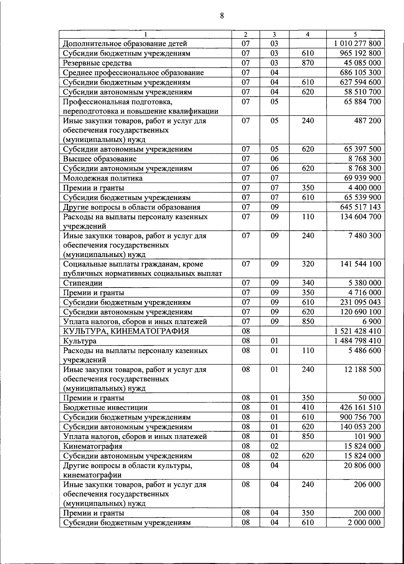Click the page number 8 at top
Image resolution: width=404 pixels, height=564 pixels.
222,15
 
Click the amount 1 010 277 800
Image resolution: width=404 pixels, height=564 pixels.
358,43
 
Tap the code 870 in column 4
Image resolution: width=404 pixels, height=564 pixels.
308,63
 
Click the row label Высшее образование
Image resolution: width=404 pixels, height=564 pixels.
100,159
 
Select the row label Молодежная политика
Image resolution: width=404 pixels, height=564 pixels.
103,178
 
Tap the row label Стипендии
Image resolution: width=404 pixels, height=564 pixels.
83,283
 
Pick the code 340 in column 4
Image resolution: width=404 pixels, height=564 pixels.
308,283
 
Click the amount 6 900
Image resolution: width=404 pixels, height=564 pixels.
372,321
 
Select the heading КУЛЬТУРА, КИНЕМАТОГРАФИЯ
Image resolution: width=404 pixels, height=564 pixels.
126,331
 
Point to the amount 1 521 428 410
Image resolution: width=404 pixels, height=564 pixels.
358,331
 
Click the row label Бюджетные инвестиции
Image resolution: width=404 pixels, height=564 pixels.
105,408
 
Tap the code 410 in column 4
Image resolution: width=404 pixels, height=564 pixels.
308,407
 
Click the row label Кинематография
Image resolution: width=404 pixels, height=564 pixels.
93,446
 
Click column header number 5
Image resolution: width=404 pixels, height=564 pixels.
355,34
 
